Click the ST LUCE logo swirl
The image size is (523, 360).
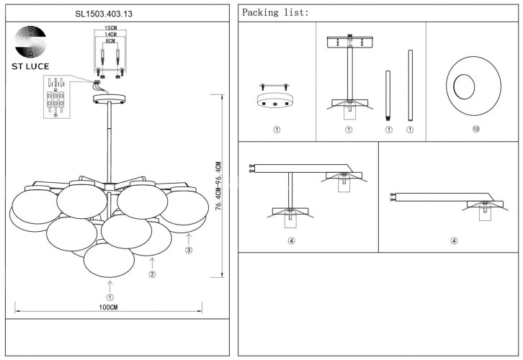tap(31, 41)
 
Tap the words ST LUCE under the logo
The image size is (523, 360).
tap(31, 66)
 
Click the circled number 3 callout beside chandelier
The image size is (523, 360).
tap(189, 250)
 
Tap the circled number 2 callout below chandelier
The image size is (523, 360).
tap(152, 274)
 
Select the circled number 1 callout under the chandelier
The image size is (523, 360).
tap(109, 297)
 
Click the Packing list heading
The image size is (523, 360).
tap(276, 13)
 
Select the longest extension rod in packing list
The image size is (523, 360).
tap(410, 84)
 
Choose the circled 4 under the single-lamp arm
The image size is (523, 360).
tap(454, 240)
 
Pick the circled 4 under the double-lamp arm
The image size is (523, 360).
tap(291, 240)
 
